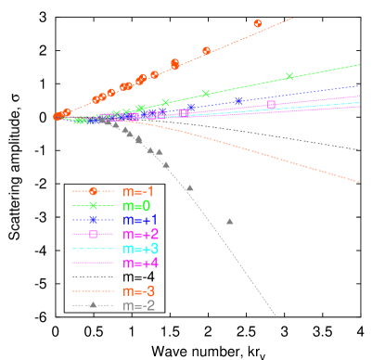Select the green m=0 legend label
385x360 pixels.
pyautogui.click(x=136, y=205)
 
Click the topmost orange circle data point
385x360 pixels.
pyautogui.click(x=258, y=23)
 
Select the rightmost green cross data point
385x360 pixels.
pyautogui.click(x=289, y=77)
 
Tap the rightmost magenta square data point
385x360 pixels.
pyautogui.click(x=271, y=104)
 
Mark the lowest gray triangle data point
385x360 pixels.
pyautogui.click(x=229, y=221)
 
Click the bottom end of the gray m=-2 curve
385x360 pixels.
pyautogui.click(x=276, y=316)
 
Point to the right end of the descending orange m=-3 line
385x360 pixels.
pyautogui.click(x=359, y=181)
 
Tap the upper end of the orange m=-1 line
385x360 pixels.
pyautogui.click(x=293, y=18)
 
